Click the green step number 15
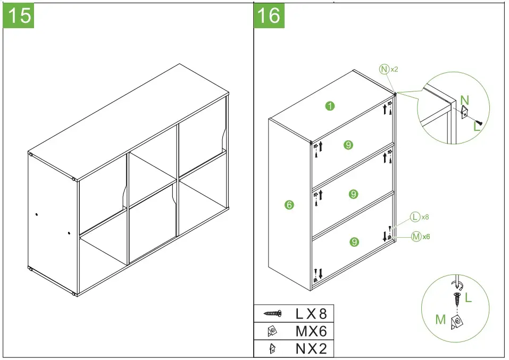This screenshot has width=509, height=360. [19, 15]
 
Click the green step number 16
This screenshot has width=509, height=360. [269, 15]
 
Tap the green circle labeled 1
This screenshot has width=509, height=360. [330, 106]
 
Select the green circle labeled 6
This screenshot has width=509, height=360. [289, 204]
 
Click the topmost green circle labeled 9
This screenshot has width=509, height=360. [348, 145]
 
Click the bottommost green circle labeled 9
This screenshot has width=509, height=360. [354, 242]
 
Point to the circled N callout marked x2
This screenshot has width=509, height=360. [384, 69]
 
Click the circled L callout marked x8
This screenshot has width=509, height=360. [415, 217]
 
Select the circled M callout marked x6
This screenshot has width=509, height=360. [416, 237]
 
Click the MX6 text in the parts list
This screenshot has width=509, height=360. [311, 331]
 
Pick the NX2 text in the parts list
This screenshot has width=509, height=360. [311, 349]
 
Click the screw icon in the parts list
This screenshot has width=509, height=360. [272, 314]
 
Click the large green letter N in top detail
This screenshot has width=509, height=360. [464, 99]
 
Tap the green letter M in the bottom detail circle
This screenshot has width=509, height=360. [440, 319]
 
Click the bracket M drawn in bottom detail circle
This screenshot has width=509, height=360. [456, 321]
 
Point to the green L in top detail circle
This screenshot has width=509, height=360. [477, 127]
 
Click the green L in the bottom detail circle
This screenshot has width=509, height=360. [468, 298]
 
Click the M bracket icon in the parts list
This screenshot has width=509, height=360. [272, 331]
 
